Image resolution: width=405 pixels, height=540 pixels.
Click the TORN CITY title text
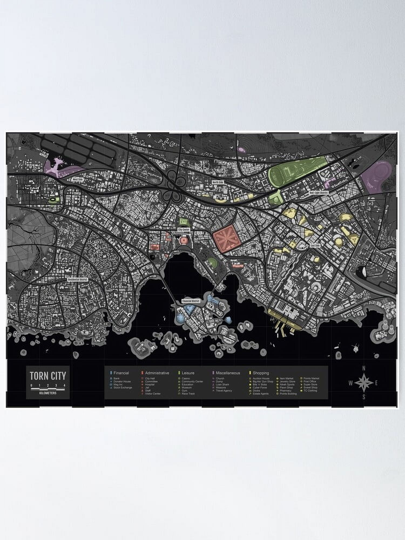coord(48,376)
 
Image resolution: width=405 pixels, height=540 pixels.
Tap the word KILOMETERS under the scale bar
coord(48,393)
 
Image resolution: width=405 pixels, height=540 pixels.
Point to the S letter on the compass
coord(364,397)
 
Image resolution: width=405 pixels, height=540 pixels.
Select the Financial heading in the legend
coord(121,373)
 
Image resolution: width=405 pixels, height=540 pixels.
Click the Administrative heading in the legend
coord(157,373)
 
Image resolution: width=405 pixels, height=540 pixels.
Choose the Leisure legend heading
coord(188,373)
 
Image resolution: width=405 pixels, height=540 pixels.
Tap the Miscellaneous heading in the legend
coord(228,373)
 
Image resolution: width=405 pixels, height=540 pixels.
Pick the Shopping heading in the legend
coord(261,373)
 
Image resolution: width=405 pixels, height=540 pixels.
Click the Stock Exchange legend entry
coord(123,387)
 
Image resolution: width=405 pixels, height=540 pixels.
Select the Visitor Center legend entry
coord(153,394)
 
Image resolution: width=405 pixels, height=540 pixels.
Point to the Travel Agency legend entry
coord(224,391)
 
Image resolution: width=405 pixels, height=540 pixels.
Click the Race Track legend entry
coord(188,394)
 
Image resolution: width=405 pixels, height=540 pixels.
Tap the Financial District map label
coord(190,301)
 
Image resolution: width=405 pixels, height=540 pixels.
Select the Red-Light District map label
coord(319,193)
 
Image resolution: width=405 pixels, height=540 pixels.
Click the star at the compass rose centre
coord(364,383)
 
